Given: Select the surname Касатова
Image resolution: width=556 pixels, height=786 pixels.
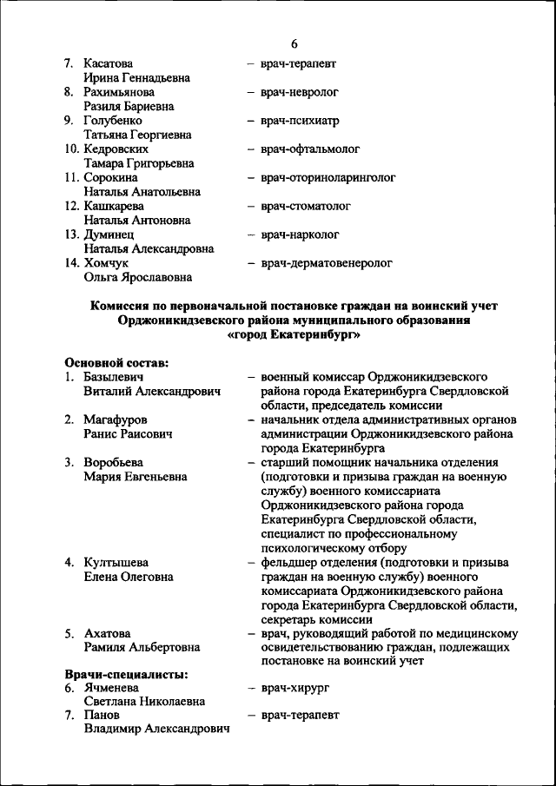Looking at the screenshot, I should [109, 63].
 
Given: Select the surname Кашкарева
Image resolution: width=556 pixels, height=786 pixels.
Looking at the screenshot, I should [114, 206].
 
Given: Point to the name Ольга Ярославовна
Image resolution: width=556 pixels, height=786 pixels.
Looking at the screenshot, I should [137, 277].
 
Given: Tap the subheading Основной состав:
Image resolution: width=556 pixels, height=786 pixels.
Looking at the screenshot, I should [116, 362].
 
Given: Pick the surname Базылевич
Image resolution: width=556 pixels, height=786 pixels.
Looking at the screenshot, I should [114, 377].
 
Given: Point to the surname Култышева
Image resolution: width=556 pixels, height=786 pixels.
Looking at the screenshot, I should [115, 562].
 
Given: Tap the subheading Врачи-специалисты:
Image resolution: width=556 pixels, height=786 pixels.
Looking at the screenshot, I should [127, 674].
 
